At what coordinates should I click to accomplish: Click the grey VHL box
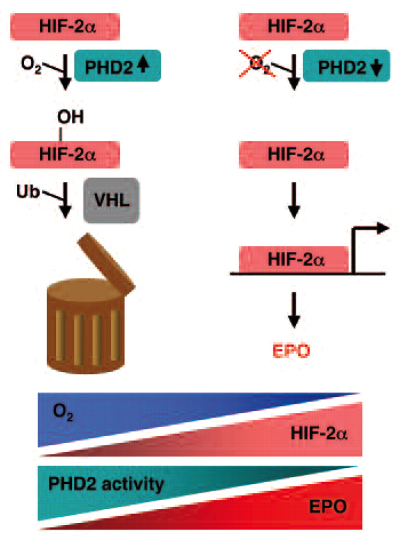111,200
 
